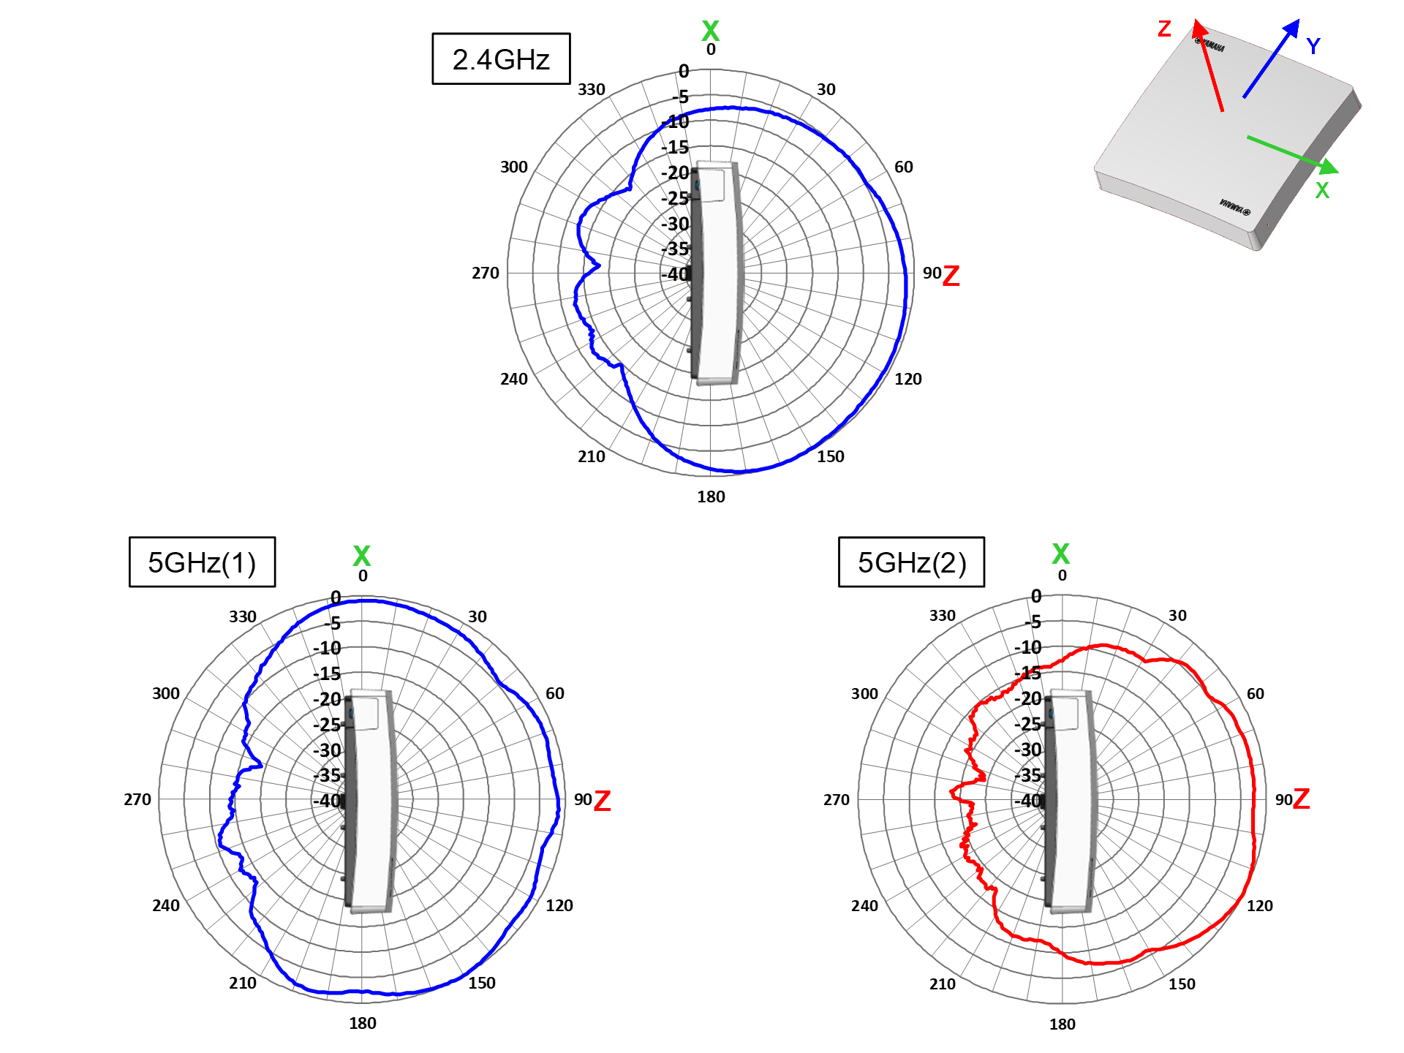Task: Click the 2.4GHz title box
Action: pyautogui.click(x=501, y=58)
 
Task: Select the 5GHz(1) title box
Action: pyautogui.click(x=202, y=562)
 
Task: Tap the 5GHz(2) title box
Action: pyautogui.click(x=911, y=562)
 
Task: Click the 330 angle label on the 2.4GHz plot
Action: pyautogui.click(x=592, y=89)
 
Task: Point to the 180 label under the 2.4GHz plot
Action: pyautogui.click(x=711, y=497)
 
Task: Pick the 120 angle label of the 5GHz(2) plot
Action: pyautogui.click(x=1259, y=905)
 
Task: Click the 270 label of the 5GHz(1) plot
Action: pyautogui.click(x=137, y=799)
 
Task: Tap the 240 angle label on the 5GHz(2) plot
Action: pyautogui.click(x=864, y=905)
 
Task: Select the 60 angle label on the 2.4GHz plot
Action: pyautogui.click(x=904, y=167)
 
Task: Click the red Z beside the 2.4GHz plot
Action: pyautogui.click(x=951, y=276)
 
